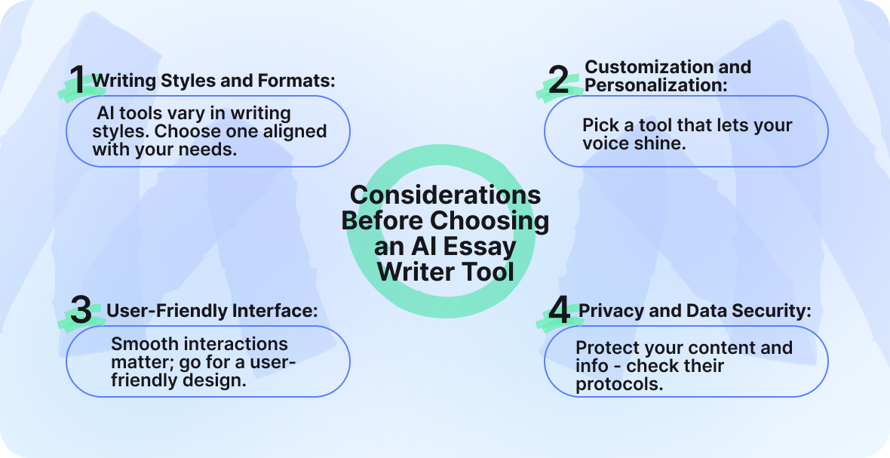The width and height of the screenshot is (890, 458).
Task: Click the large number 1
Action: (x=77, y=80)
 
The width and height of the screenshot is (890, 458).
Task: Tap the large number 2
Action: (x=558, y=80)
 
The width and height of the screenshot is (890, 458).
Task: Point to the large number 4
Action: (x=558, y=311)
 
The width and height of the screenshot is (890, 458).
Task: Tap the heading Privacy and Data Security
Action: (x=695, y=310)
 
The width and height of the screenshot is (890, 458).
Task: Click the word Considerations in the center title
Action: (x=445, y=195)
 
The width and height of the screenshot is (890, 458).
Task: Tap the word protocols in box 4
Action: (x=619, y=384)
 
